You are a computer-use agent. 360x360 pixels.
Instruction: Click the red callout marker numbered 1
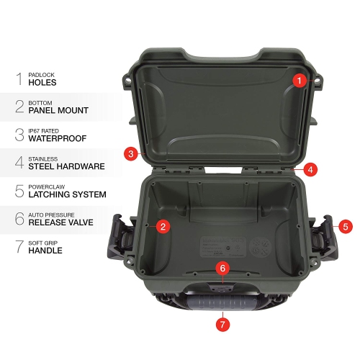click(x=300, y=81)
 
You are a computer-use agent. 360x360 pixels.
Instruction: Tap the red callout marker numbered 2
click(x=163, y=227)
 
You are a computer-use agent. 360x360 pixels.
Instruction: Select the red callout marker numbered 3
click(x=130, y=153)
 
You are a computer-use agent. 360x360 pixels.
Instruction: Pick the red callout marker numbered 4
click(x=310, y=170)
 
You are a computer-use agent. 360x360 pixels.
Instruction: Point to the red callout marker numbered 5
click(x=346, y=226)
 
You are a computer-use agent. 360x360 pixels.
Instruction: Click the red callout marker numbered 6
click(x=222, y=268)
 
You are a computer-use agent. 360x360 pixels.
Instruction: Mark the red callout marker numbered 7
click(x=222, y=324)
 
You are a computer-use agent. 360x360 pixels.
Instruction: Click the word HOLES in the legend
click(x=42, y=83)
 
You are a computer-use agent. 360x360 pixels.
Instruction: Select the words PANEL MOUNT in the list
click(x=58, y=111)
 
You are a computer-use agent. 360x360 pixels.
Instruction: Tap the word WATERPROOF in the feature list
click(x=58, y=138)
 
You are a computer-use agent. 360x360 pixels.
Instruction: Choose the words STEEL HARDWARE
click(x=66, y=166)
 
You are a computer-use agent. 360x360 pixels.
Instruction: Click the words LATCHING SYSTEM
click(x=67, y=194)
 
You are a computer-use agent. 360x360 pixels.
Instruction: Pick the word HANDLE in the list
click(x=45, y=251)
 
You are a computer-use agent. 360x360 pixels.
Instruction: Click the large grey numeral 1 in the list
click(x=19, y=78)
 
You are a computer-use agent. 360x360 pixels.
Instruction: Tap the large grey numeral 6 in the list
click(x=19, y=218)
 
